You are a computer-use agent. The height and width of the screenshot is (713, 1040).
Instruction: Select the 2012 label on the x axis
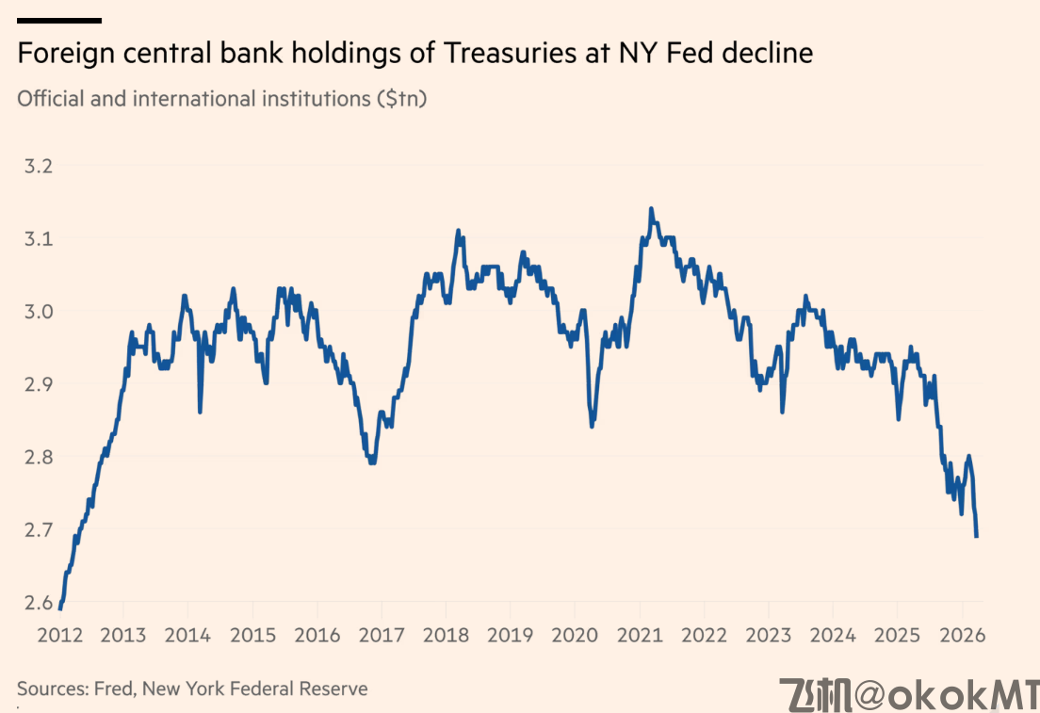point(57,635)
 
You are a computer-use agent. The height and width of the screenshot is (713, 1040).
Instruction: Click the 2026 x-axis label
point(963,635)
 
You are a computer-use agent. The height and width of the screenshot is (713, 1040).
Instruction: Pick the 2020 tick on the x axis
point(575,635)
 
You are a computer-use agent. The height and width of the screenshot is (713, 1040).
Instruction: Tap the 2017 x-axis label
point(381,635)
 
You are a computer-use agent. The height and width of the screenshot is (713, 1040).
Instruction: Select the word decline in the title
point(767,54)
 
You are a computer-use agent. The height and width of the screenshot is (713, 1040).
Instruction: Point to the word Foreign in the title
point(62,54)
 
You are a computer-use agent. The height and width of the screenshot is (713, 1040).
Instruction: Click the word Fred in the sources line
point(116,689)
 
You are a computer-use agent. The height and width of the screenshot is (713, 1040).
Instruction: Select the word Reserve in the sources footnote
point(333,689)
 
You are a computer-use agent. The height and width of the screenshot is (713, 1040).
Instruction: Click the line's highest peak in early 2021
point(651,209)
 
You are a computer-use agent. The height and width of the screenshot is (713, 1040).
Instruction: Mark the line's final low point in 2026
point(977,536)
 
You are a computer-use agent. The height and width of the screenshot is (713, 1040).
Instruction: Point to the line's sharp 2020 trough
point(592,426)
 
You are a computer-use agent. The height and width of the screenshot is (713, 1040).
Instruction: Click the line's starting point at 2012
point(59,608)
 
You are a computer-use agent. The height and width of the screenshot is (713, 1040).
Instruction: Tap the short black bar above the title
point(59,20)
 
